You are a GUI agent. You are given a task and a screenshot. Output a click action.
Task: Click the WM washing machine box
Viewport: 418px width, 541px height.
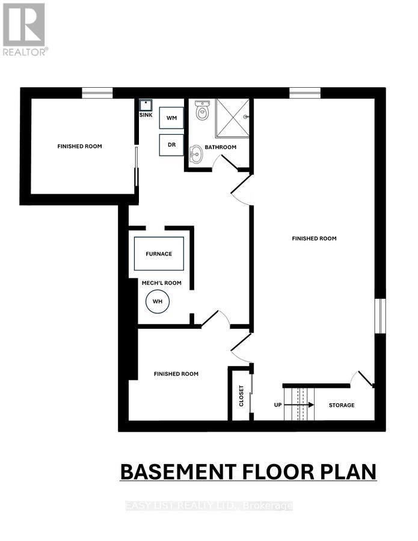(171, 118)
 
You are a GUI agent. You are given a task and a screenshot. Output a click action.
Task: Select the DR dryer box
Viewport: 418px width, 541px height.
(171, 145)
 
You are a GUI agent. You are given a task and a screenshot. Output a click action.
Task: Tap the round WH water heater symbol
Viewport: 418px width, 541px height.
(158, 301)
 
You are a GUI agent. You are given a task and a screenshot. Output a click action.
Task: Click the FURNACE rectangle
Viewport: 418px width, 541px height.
(159, 254)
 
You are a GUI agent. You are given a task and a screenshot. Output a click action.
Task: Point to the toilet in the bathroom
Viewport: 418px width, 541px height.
(203, 111)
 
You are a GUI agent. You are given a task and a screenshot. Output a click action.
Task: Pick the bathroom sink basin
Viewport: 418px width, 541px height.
(196, 154)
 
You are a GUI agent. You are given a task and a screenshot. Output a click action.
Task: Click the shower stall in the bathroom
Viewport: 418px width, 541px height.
(232, 118)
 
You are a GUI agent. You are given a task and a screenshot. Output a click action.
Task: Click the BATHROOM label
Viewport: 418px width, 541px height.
(220, 147)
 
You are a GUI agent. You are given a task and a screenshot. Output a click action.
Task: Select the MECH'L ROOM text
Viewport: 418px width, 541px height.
(161, 283)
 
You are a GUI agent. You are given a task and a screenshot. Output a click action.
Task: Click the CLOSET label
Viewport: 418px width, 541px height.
(242, 396)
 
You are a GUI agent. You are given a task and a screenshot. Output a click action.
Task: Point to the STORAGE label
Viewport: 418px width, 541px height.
(341, 405)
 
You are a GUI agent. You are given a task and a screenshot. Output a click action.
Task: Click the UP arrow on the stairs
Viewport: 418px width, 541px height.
(304, 405)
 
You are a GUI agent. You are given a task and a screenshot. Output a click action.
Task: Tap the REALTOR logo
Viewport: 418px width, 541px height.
(24, 29)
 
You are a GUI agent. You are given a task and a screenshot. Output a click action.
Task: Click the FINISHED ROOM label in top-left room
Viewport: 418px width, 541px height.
(79, 146)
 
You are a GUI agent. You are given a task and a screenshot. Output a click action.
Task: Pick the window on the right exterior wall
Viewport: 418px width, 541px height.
(380, 316)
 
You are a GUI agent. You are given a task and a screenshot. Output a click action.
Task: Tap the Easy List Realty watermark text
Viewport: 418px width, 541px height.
(209, 506)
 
